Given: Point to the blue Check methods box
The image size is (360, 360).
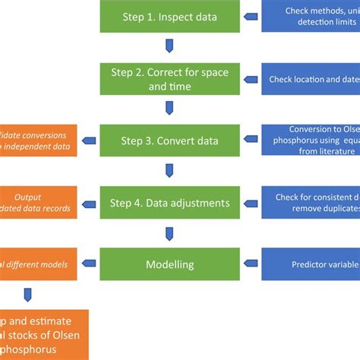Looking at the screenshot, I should coord(311,16).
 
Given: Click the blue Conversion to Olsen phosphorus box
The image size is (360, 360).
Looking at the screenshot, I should coord(311,141).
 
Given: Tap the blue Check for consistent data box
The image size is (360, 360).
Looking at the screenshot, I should coord(311,202).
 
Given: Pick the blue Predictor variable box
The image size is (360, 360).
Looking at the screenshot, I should coord(311,265).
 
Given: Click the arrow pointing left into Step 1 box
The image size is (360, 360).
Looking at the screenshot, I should coord(248,16).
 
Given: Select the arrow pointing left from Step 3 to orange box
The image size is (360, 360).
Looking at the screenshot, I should coord(90,141).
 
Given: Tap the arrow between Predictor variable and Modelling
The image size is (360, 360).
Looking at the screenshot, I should coord(248,265).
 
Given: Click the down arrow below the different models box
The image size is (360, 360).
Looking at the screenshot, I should coord(28,294).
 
